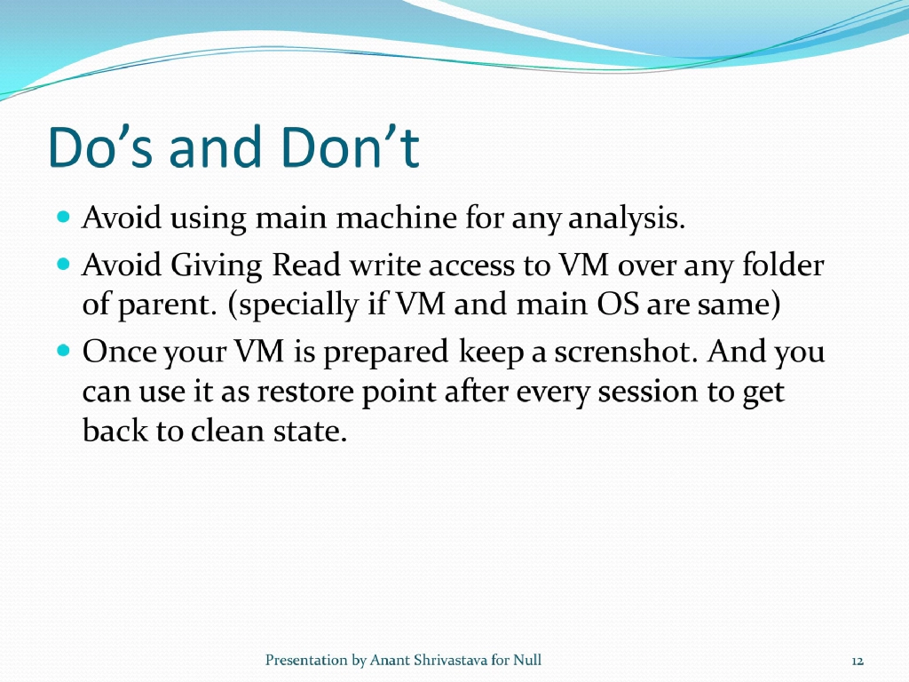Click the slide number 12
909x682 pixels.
tap(858, 661)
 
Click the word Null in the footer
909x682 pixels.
tap(527, 660)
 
